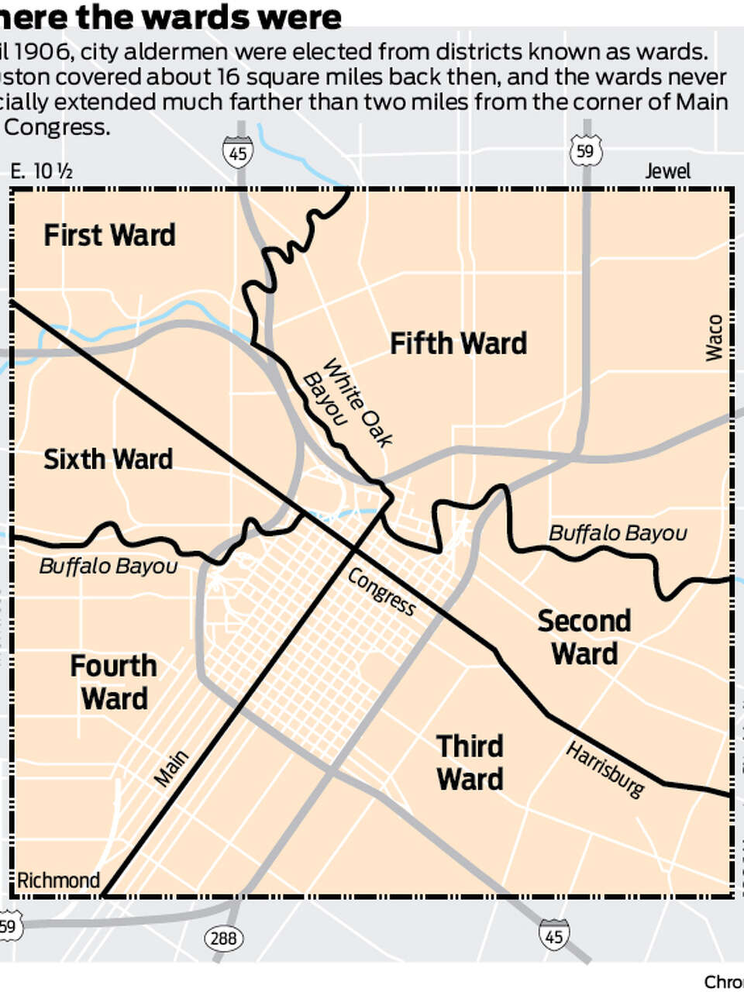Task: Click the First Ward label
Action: click(109, 235)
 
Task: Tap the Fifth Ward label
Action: click(458, 343)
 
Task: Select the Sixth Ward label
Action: click(108, 459)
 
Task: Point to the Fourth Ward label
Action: click(114, 682)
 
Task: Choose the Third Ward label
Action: click(470, 763)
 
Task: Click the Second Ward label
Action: click(584, 637)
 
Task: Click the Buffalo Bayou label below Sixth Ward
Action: click(108, 567)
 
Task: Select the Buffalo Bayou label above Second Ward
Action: click(618, 533)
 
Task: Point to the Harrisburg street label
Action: click(605, 770)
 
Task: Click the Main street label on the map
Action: click(171, 769)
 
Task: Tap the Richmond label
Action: click(58, 880)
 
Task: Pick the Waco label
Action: click(714, 337)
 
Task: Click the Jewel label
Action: click(667, 170)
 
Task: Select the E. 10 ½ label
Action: click(41, 171)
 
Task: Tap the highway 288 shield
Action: click(223, 939)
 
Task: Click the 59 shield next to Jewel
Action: click(585, 151)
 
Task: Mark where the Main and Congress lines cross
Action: click(354, 549)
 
